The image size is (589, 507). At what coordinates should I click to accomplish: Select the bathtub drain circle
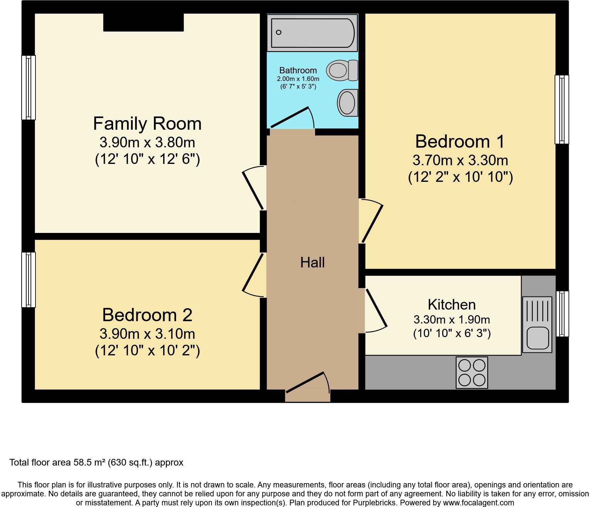pos(279,32)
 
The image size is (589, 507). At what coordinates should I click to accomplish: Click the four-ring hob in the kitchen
pos(472,372)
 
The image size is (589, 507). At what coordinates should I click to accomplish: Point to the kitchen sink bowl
pos(537,338)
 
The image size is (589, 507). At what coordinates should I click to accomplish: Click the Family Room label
pos(147,124)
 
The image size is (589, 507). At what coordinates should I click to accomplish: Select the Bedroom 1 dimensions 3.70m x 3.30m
pos(460,161)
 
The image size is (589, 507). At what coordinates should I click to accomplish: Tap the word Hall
pos(312,262)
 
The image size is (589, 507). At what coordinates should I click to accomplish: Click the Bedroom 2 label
pos(147,315)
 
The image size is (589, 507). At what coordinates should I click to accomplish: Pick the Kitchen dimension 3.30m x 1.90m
pos(452,320)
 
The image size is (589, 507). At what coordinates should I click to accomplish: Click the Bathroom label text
pos(298,70)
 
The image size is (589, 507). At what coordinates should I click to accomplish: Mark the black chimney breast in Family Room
pos(143,23)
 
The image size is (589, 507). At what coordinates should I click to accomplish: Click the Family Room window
pos(29,87)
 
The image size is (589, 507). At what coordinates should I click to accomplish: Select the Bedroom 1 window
pos(561,109)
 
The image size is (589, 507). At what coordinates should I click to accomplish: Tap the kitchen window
pos(562,314)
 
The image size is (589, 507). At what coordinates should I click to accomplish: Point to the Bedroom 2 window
pos(29,280)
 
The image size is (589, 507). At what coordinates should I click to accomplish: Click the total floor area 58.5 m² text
pos(96,463)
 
